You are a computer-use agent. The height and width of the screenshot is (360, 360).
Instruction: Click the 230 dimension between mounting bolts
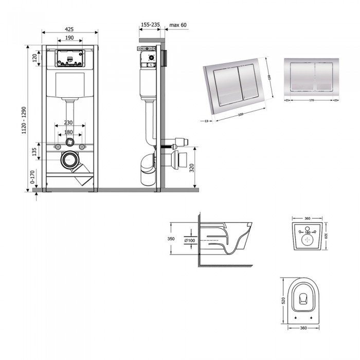click(68, 123)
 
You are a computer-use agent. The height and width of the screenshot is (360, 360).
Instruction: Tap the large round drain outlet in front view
click(69, 161)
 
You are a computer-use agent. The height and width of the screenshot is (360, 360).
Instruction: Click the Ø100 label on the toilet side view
click(189, 240)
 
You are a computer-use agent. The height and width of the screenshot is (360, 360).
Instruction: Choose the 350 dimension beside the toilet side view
click(173, 239)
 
